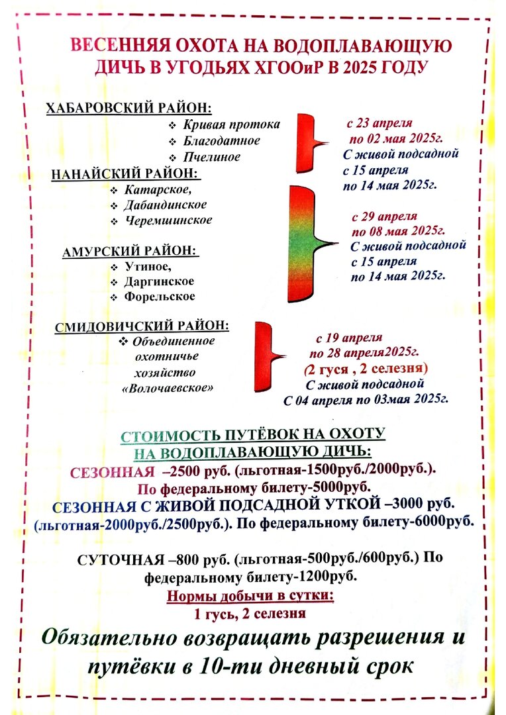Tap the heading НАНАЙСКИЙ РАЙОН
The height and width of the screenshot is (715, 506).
click(126, 173)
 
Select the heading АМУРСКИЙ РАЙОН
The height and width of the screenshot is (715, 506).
click(130, 252)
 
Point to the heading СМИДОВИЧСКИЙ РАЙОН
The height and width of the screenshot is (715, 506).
click(142, 326)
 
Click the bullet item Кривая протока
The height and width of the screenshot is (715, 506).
click(231, 124)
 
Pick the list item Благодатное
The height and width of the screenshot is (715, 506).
click(221, 141)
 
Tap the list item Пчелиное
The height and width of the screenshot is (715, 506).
click(212, 158)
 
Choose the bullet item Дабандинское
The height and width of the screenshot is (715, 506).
click(165, 205)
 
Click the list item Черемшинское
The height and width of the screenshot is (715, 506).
click(168, 220)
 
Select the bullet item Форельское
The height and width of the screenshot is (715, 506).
click(160, 297)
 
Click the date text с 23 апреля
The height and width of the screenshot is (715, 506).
click(379, 124)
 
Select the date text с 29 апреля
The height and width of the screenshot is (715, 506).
click(385, 216)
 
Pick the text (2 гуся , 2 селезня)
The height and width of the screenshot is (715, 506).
click(366, 367)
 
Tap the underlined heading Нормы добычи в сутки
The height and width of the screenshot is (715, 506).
click(250, 596)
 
